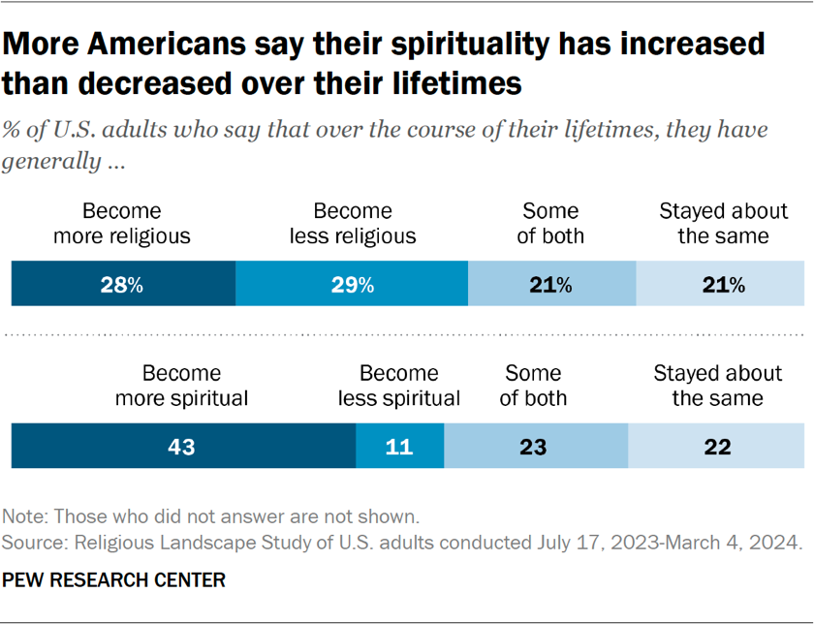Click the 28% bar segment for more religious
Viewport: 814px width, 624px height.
pos(123,285)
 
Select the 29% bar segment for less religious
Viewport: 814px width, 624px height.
pos(352,285)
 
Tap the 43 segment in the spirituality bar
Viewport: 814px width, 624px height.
pos(182,447)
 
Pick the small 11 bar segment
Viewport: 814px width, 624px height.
pos(399,447)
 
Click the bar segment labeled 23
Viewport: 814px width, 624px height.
pos(535,447)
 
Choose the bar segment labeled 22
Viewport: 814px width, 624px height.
pos(716,447)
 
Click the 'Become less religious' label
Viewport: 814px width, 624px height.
pos(352,223)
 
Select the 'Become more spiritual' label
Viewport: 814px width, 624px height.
pos(182,385)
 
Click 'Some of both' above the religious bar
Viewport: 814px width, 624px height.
pos(550,223)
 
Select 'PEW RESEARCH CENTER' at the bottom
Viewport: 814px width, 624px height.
pos(114,580)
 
